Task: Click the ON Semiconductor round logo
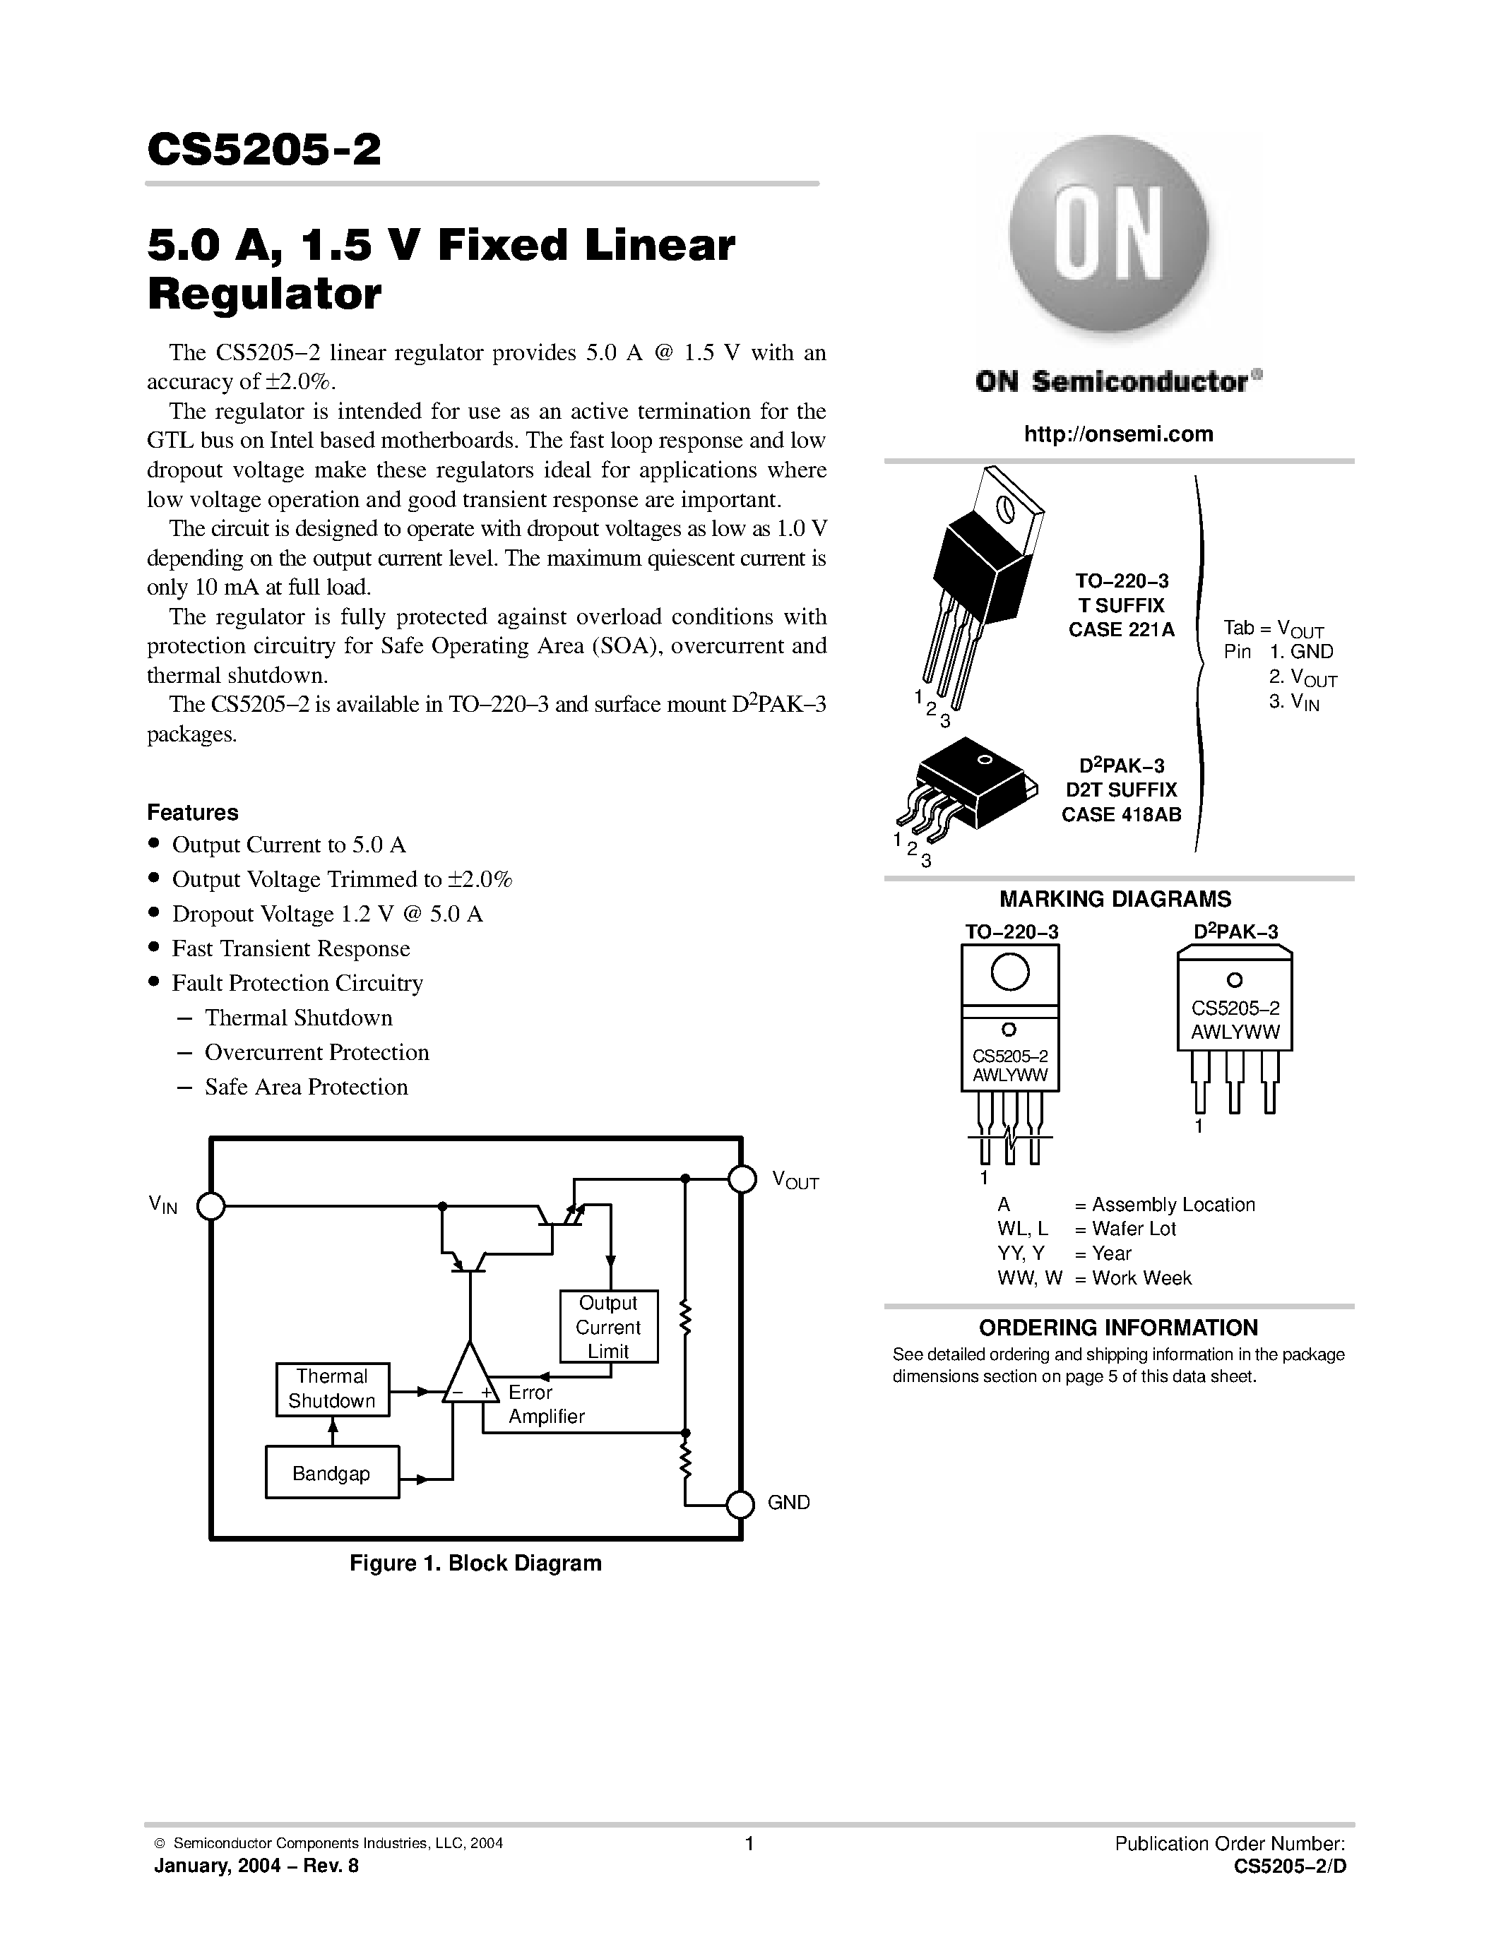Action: click(1109, 236)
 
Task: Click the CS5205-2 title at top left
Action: click(264, 150)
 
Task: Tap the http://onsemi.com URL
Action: click(1117, 434)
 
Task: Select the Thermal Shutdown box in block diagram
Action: click(332, 1388)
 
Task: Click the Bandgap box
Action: click(332, 1473)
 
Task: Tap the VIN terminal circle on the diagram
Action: click(210, 1207)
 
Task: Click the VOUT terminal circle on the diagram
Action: click(742, 1179)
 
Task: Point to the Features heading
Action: click(192, 813)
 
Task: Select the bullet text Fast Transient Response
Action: click(291, 949)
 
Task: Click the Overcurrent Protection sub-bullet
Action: click(316, 1053)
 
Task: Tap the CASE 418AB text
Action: click(1120, 814)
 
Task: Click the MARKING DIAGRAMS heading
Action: click(1115, 899)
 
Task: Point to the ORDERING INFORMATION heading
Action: click(1117, 1328)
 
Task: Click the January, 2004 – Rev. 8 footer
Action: click(256, 1866)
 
